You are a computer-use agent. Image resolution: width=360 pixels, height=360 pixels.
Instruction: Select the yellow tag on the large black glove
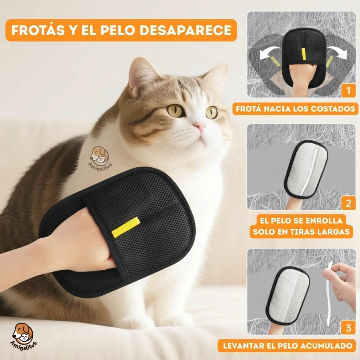pyautogui.click(x=126, y=227)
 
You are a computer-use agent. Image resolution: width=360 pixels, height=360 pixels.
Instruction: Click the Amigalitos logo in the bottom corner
pyautogui.click(x=24, y=334)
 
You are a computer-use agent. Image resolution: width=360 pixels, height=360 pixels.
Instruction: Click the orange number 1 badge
pyautogui.click(x=348, y=91)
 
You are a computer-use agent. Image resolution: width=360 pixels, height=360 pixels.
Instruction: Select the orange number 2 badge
pyautogui.click(x=348, y=203)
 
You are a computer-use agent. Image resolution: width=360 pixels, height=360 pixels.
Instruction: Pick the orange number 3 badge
pyautogui.click(x=348, y=328)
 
